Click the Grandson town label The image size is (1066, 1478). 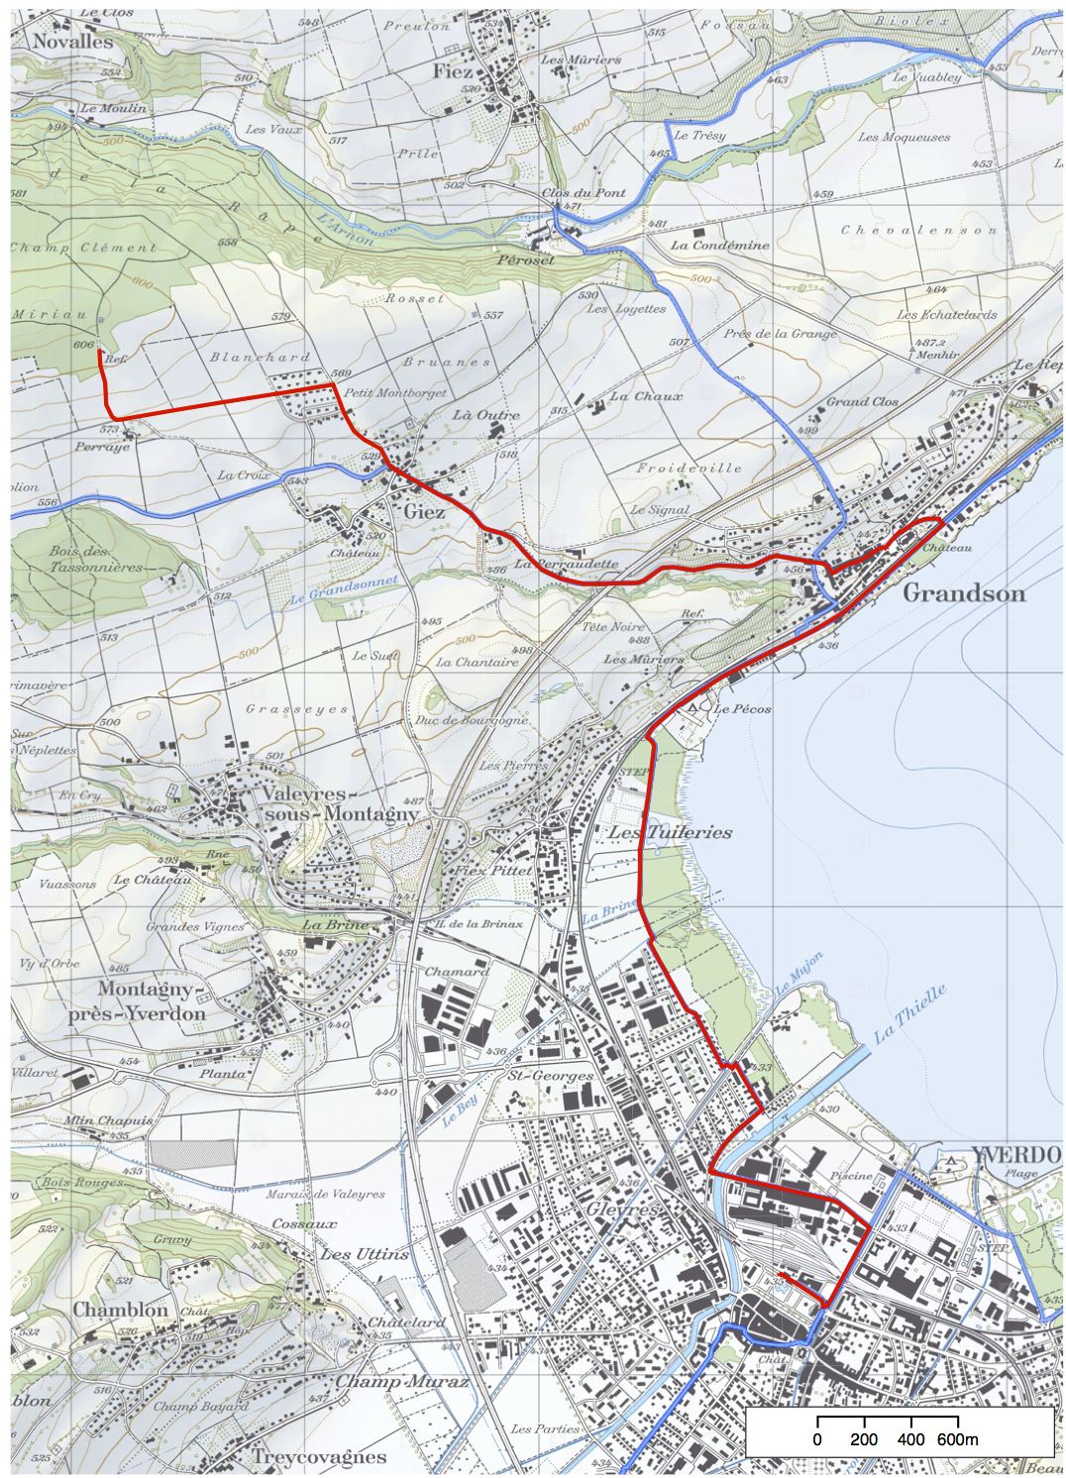tap(963, 593)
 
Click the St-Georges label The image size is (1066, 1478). tap(549, 1075)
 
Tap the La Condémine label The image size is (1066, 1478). tap(718, 245)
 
